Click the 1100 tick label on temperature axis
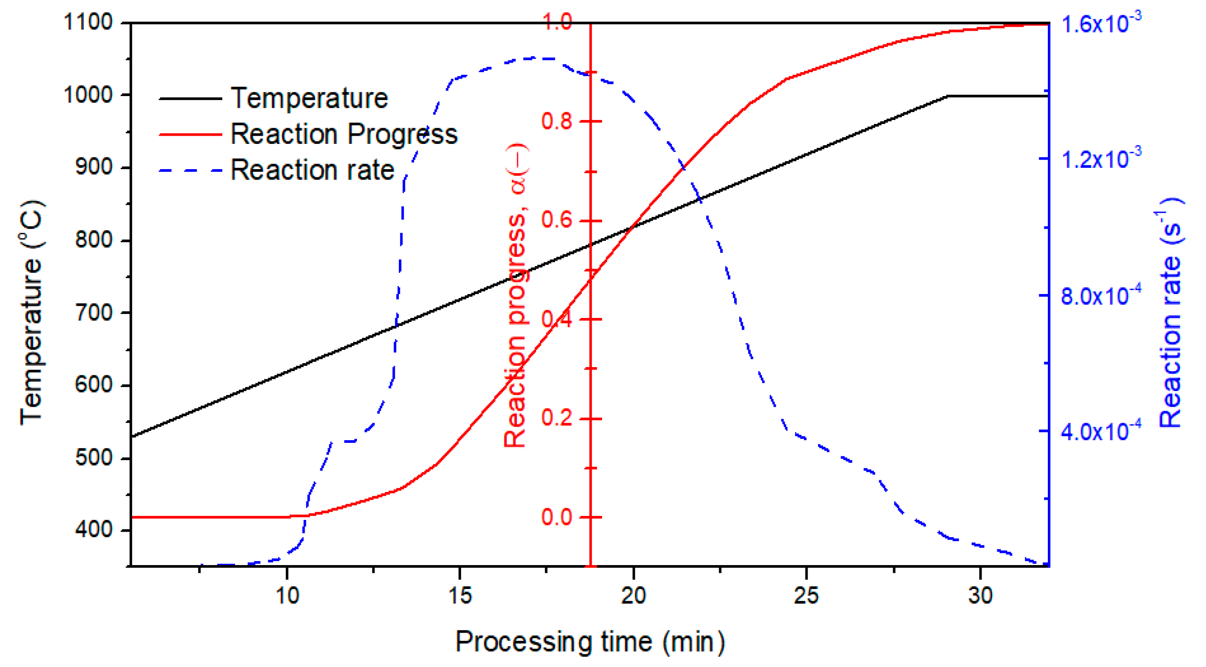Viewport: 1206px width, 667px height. pyautogui.click(x=87, y=22)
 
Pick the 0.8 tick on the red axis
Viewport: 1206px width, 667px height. pyautogui.click(x=557, y=121)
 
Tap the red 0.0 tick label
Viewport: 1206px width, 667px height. pyautogui.click(x=557, y=517)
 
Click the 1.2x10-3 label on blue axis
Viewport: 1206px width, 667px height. pyautogui.click(x=1101, y=158)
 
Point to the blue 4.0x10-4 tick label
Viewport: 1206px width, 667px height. pyautogui.click(x=1101, y=429)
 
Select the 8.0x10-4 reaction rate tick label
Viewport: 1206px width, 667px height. pyautogui.click(x=1101, y=294)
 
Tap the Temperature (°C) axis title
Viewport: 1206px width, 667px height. pyautogui.click(x=32, y=313)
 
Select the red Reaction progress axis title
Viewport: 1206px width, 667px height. pyautogui.click(x=516, y=295)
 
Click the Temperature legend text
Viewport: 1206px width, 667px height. pyautogui.click(x=309, y=98)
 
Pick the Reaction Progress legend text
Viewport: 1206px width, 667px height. pyautogui.click(x=344, y=134)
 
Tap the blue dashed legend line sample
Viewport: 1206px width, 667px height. pyautogui.click(x=190, y=170)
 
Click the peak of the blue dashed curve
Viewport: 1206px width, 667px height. pyautogui.click(x=539, y=58)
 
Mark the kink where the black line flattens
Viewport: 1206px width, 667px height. pyautogui.click(x=949, y=96)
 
